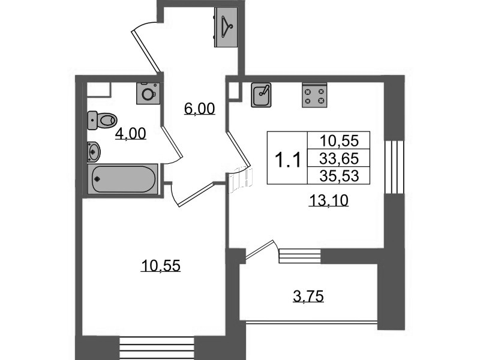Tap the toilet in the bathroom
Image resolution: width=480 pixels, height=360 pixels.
tap(102, 120)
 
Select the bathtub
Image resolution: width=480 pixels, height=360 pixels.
tap(123, 179)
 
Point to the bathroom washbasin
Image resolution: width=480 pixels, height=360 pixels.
tap(94, 152)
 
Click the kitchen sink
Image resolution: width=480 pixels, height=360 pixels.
tap(261, 95)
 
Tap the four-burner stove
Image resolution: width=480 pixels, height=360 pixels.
tap(314, 95)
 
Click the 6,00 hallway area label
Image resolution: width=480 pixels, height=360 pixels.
tap(200, 109)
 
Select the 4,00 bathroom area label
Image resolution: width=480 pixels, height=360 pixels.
tap(131, 134)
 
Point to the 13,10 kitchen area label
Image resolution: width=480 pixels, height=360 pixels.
tap(329, 201)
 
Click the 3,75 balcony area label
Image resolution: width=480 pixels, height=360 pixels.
tap(308, 296)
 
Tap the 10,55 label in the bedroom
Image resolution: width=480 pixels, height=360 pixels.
tap(161, 266)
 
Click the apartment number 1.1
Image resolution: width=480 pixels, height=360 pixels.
tap(288, 160)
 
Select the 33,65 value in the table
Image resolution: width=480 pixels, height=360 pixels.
tap(339, 158)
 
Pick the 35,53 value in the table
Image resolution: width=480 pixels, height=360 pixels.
tap(339, 176)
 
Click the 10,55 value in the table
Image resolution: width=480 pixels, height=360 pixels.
tap(339, 141)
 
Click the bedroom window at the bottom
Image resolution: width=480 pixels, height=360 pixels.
tap(157, 348)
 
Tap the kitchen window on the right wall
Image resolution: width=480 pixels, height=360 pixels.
tap(394, 167)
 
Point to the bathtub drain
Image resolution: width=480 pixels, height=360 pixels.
tap(97, 179)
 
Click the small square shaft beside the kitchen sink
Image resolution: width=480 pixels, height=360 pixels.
tap(235, 91)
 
